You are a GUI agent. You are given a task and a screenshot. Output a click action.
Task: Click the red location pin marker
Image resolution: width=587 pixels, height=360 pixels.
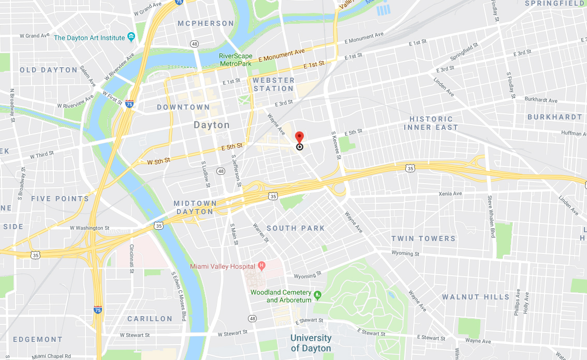299,138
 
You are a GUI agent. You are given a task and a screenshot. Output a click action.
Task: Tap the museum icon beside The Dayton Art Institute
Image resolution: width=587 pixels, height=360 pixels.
131,37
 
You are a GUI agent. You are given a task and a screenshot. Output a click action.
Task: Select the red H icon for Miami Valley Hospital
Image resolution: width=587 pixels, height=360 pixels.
261,266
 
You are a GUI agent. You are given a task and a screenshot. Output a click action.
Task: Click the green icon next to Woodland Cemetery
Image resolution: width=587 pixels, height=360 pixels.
318,295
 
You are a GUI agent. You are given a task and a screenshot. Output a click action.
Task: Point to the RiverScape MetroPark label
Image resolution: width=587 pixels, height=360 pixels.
235,59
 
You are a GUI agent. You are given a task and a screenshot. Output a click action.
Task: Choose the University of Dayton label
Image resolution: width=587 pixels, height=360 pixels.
311,343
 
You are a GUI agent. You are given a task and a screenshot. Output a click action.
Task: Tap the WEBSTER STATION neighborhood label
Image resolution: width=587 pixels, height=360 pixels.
273,84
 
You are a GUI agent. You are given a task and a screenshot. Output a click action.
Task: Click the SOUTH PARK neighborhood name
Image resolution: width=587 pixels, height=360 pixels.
296,228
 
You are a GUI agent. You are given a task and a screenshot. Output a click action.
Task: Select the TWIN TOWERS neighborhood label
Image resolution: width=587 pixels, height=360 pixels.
423,238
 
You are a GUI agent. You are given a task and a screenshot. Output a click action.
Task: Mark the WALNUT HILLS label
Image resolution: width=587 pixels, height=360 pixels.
475,297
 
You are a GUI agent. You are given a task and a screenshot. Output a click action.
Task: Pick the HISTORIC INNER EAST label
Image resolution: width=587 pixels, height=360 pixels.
431,123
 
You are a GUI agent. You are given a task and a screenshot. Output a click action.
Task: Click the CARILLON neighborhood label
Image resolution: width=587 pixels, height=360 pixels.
150,319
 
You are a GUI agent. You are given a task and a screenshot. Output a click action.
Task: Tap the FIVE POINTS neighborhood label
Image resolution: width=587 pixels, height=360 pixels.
60,199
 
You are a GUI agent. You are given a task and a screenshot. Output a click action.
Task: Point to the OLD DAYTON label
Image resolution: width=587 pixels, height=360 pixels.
49,70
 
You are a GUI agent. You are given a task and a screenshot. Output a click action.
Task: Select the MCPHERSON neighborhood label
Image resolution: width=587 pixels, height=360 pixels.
206,23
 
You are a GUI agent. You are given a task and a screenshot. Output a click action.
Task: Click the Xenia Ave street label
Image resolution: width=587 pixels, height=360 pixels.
450,193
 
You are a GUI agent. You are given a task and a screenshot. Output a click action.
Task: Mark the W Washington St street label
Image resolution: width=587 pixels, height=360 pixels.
90,228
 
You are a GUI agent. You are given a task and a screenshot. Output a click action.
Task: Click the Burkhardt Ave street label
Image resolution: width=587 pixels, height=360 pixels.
541,100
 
